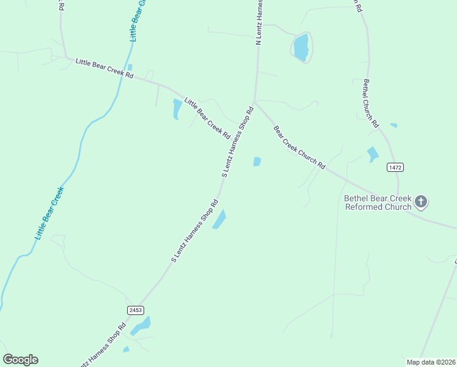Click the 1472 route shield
pos(395,167)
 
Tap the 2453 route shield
pos(136,310)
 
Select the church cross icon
pos(421,201)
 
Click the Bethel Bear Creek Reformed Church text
pos(378,202)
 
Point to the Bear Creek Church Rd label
pos(299,147)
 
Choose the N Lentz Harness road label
pos(259,23)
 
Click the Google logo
pos(20,360)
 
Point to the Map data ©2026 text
pos(431,361)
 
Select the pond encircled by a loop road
pos(301,47)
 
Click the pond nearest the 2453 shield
pos(141,325)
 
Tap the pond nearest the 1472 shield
pos(373,154)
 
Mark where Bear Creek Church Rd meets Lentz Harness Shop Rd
pos(255,102)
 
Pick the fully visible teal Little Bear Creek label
pos(49,212)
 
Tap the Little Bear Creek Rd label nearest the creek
pos(104,67)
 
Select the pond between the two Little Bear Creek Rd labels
pos(177,108)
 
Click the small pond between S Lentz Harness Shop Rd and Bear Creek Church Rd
pos(257,161)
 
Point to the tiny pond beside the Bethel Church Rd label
pos(393,125)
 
